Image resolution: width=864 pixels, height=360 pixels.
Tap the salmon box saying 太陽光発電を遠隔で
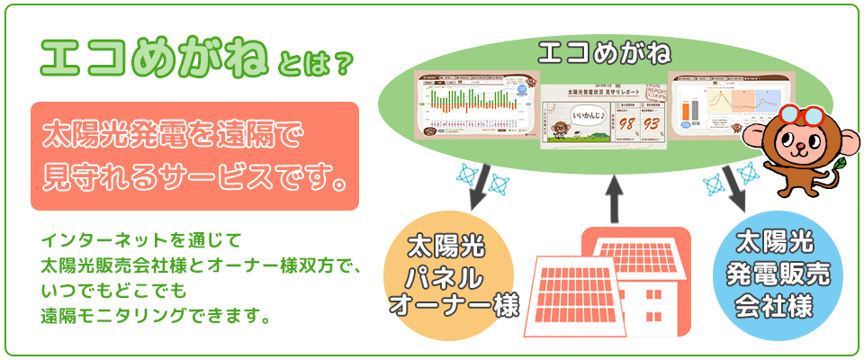[x=194, y=156]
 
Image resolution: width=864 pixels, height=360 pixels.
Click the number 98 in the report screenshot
[x=628, y=122]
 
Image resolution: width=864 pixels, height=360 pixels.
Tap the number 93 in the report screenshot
[x=652, y=122]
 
